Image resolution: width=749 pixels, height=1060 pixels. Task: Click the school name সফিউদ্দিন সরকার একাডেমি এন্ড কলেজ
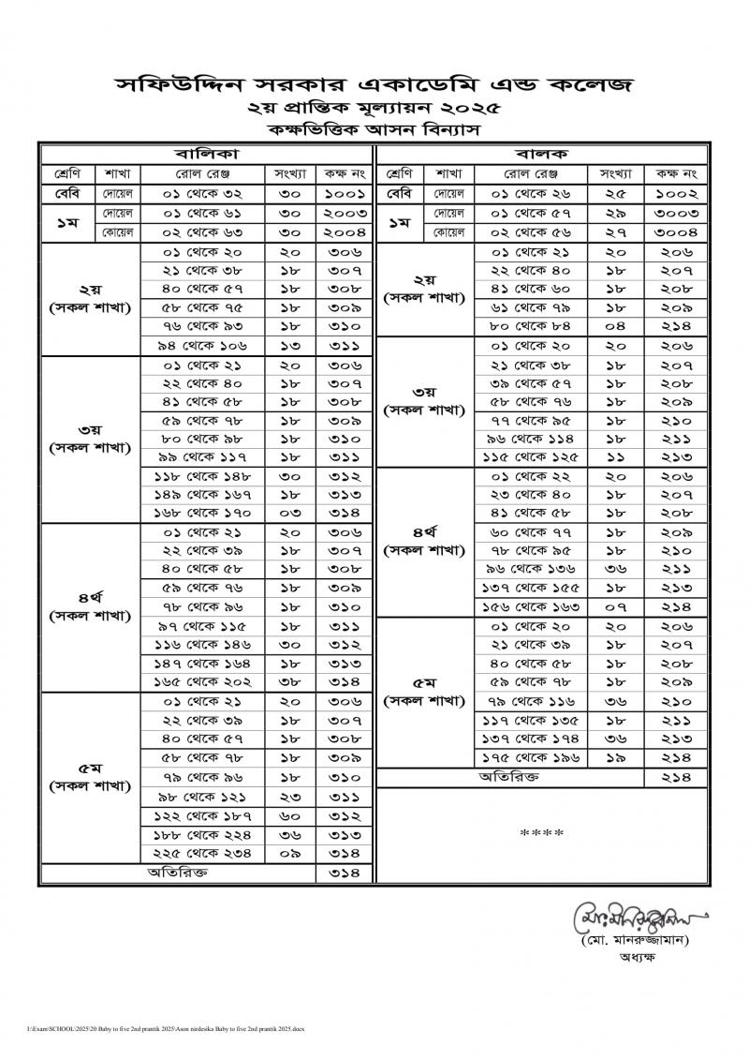(x=374, y=85)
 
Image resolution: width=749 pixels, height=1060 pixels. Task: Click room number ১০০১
(x=345, y=196)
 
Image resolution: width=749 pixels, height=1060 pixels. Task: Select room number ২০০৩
(x=345, y=215)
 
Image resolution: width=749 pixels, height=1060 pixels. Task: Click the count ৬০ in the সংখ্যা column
(x=284, y=815)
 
